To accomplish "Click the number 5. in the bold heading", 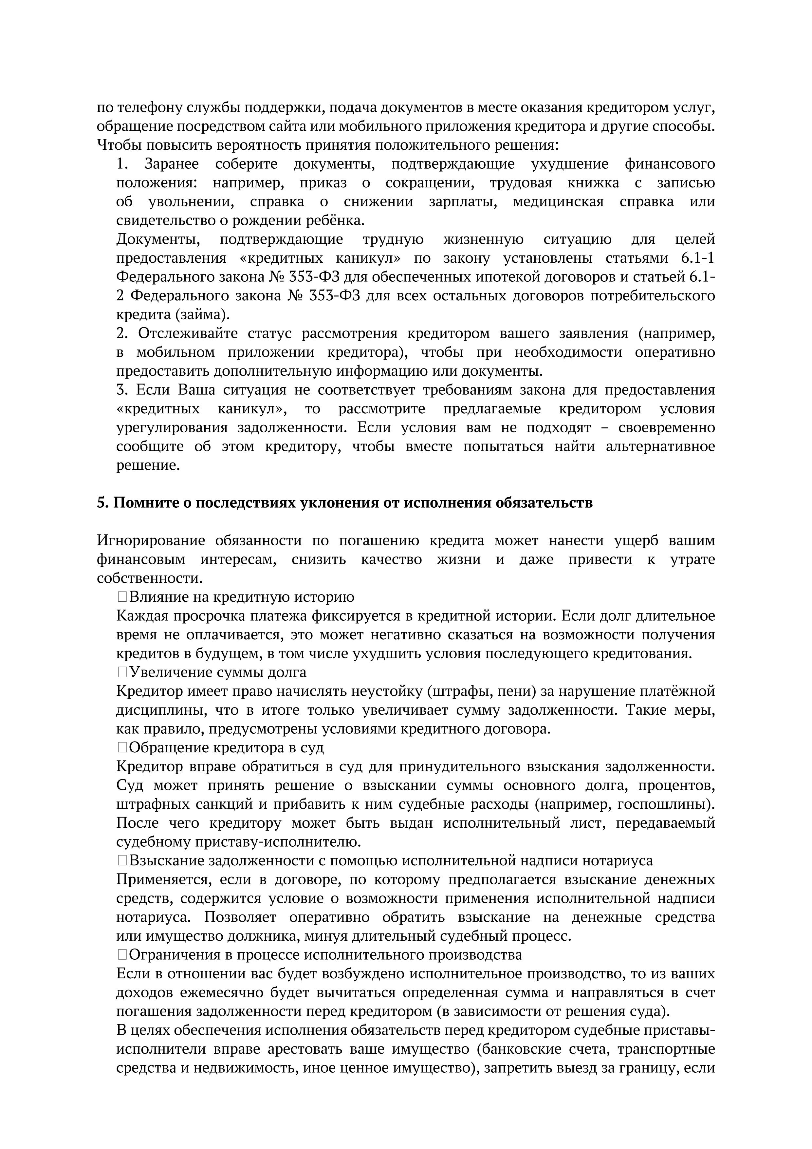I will (x=102, y=502).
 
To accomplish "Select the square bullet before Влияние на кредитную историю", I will (x=122, y=597).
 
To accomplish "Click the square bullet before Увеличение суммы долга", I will (x=122, y=672).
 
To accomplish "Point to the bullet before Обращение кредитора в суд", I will (x=122, y=748).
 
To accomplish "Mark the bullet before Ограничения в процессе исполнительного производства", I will (x=122, y=955).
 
